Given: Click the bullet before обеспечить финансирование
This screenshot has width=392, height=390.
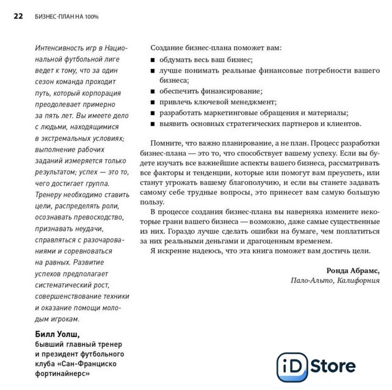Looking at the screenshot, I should (153, 92).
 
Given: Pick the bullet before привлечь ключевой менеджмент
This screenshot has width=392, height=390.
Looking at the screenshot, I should (153, 103).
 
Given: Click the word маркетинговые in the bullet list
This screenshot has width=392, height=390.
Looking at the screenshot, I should (233, 113).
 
